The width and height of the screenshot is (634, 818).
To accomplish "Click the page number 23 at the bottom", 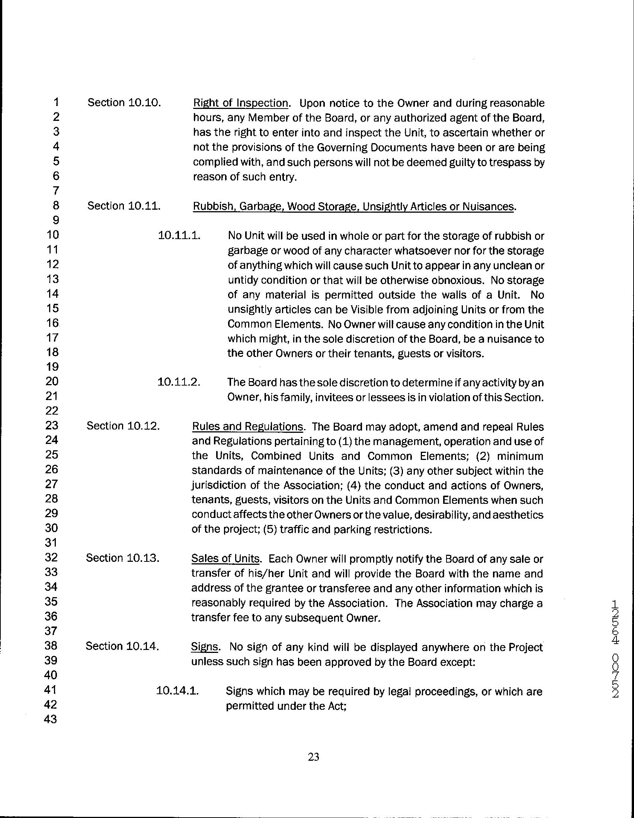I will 313,757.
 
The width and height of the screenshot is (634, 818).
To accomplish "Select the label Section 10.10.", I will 124,103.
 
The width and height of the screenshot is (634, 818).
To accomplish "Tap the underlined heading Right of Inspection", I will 241,103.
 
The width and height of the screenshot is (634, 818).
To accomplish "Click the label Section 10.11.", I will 124,206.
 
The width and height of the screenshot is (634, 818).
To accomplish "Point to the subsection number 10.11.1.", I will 179,236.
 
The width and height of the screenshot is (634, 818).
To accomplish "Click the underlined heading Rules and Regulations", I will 247,426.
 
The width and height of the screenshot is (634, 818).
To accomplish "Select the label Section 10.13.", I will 122,558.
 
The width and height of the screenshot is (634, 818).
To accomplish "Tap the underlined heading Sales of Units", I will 225,559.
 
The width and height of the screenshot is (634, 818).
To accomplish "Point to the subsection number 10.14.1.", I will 177,691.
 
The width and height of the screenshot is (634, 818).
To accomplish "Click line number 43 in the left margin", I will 51,719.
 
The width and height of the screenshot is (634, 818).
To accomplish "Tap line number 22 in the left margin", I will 51,411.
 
